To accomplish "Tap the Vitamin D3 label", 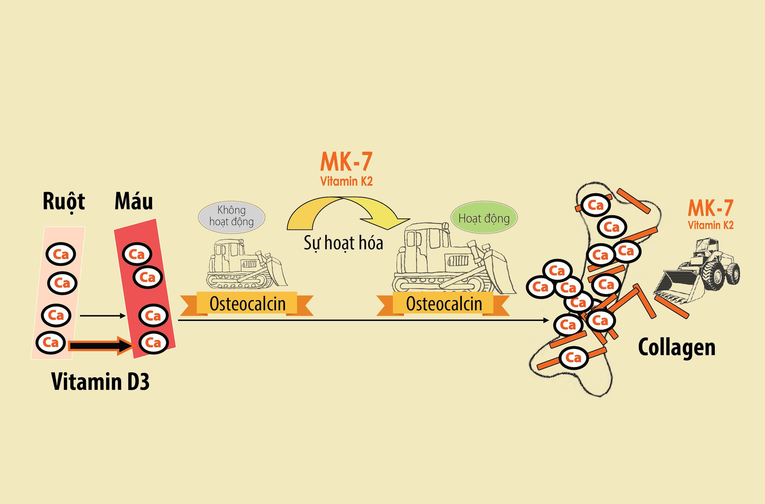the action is click(100, 382).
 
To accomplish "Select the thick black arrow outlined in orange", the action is click(101, 346).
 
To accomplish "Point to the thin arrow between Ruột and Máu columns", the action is click(103, 316).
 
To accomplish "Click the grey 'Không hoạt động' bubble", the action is click(232, 217).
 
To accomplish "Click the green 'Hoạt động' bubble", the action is click(484, 218).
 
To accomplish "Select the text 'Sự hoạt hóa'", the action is click(343, 243).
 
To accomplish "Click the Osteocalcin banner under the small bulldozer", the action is click(247, 304).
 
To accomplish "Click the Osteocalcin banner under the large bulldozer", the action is click(443, 304).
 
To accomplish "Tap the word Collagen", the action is click(676, 347).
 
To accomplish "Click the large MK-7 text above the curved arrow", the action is click(346, 162).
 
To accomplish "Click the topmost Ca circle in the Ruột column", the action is click(61, 254).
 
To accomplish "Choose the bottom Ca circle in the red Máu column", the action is click(153, 342).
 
